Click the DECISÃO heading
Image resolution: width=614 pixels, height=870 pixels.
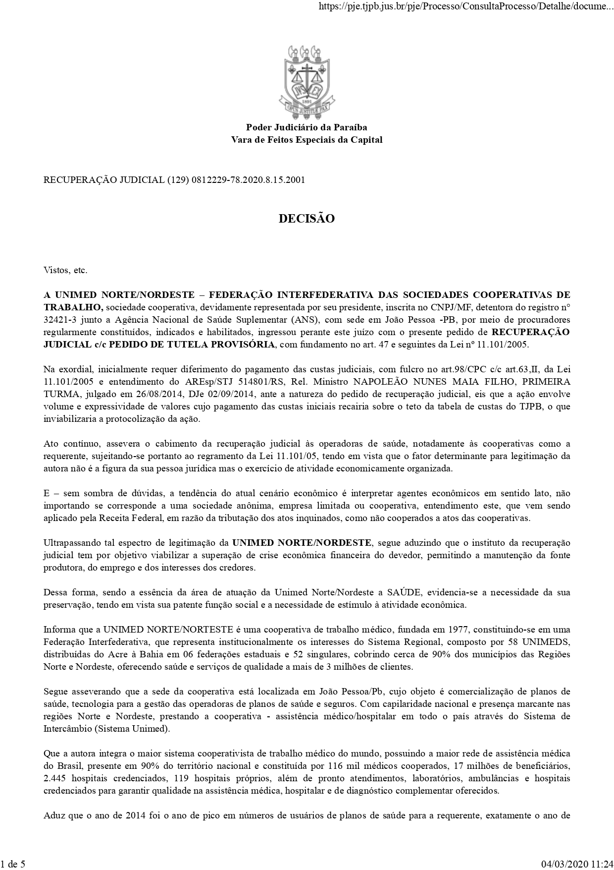pyautogui.click(x=307, y=219)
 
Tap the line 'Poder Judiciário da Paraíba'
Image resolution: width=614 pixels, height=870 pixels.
pyautogui.click(x=307, y=128)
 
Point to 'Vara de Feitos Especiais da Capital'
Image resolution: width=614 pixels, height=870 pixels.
pyautogui.click(x=307, y=140)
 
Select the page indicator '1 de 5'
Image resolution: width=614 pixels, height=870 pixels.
pyautogui.click(x=13, y=865)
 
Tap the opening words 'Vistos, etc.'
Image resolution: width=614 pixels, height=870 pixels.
pyautogui.click(x=65, y=270)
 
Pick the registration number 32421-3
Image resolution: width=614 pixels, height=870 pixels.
pyautogui.click(x=59, y=320)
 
